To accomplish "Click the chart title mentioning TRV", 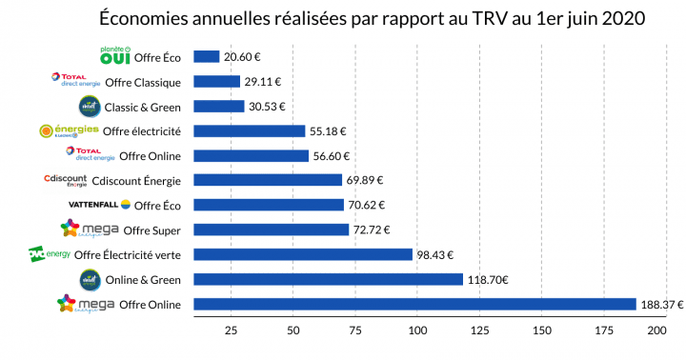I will coord(372,19).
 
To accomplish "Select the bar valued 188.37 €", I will coord(414,305).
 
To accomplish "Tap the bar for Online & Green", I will coord(328,280).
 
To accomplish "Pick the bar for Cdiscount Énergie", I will coord(268,180).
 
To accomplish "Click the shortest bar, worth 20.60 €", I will coord(207,57).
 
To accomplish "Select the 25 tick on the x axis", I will coord(230,330).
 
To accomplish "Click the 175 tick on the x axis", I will coord(604,330).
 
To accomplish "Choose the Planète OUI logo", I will coord(114,55).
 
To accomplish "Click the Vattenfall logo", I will coord(98,205).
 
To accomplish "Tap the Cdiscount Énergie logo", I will coord(66,180).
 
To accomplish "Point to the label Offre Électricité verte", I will coord(133,254).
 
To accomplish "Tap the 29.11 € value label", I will coord(263,82).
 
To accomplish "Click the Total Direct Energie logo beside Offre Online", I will coord(90,155).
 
